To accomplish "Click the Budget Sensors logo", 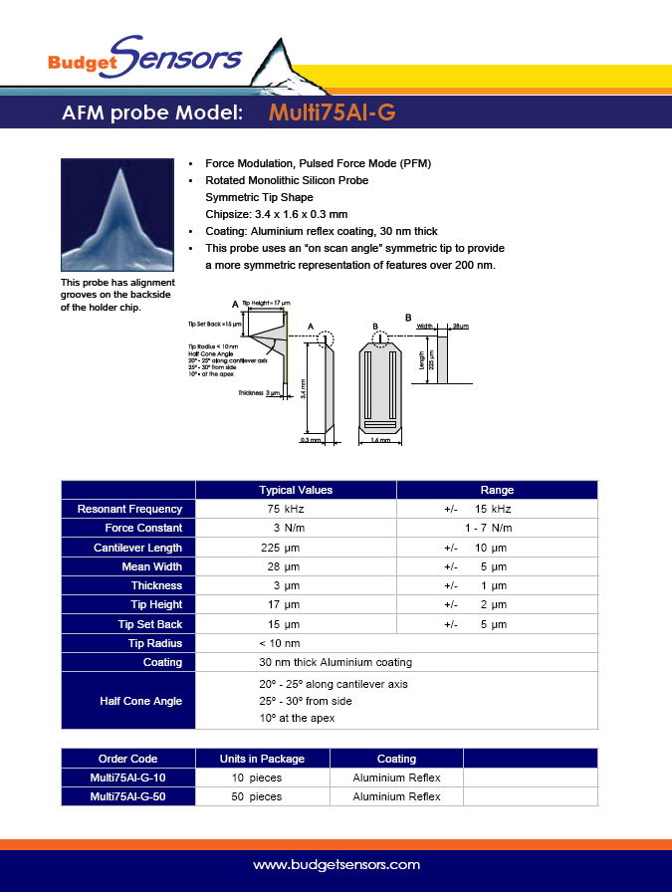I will tap(144, 57).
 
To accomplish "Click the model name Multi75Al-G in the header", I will tap(333, 112).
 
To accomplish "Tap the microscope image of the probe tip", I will tap(116, 214).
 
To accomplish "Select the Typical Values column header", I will tap(296, 490).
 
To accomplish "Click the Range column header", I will tap(497, 490).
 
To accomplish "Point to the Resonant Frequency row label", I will tap(129, 509).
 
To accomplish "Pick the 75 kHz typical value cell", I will tap(297, 509).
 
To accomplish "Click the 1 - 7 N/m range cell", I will tap(488, 528).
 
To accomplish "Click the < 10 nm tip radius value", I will tap(281, 643).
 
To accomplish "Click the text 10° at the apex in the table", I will tap(297, 718).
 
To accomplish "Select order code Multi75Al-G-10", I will tap(128, 778).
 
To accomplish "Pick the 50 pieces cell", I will tap(257, 796).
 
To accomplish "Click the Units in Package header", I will tap(262, 759).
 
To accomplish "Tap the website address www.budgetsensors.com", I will tap(336, 865).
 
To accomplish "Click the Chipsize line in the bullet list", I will tap(276, 214).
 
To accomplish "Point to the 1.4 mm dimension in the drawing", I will tap(380, 439).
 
